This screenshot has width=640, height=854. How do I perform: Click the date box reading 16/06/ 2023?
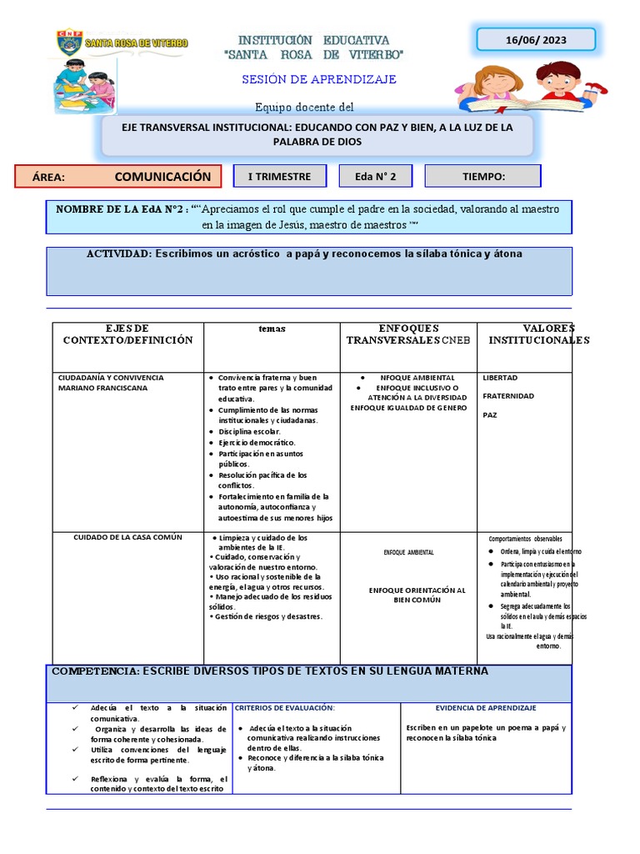click(x=535, y=39)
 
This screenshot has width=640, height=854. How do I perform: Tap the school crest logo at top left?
click(x=68, y=43)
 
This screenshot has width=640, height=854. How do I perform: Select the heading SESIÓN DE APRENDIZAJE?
click(x=318, y=79)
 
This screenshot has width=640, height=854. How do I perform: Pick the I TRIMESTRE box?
click(x=280, y=176)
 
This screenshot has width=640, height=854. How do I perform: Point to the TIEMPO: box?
click(x=482, y=176)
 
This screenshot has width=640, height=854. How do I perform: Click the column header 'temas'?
click(x=272, y=329)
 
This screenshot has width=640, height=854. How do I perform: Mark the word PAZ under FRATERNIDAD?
click(x=490, y=414)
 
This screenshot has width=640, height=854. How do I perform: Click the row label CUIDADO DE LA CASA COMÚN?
click(x=127, y=537)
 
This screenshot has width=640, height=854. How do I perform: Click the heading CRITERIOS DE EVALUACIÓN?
click(x=285, y=707)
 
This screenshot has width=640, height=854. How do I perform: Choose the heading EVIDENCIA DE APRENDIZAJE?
click(x=485, y=707)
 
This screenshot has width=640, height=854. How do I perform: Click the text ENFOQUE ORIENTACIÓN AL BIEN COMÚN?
click(x=406, y=595)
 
